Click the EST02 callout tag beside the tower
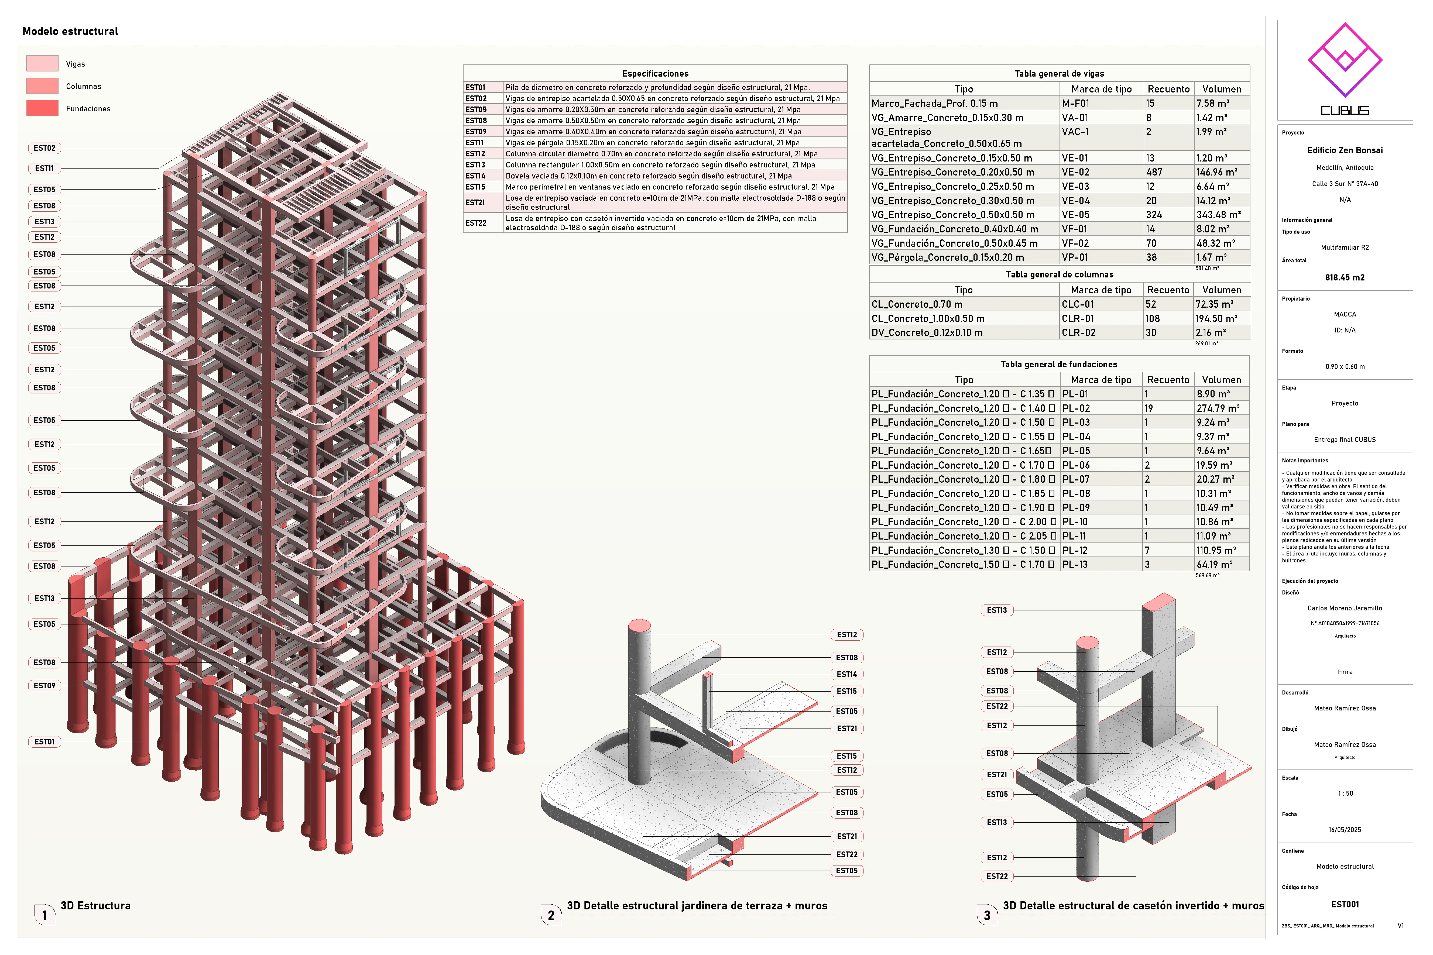44,148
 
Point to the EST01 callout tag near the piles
44,742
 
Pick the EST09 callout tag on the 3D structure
44,686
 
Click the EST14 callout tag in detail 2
846,674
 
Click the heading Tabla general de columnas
1060,275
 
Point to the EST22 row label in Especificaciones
476,223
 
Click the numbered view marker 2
551,915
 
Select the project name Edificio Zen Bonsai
1345,150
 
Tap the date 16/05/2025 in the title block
1345,830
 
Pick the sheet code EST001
1345,905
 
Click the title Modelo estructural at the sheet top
70,31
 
